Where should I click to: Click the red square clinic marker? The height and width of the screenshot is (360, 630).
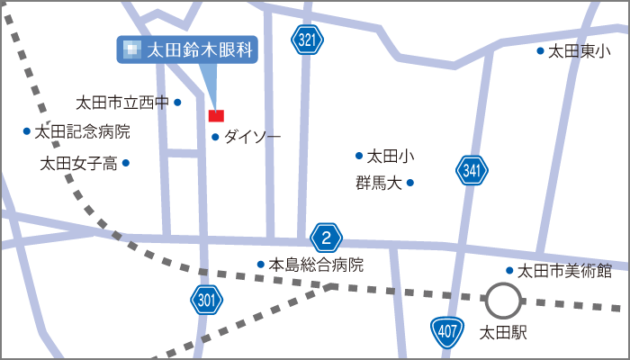point(216,115)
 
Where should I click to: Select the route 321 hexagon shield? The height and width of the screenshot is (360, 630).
point(307,39)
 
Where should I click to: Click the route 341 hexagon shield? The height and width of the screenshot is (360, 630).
point(472,169)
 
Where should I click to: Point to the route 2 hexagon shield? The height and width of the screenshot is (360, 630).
point(327,238)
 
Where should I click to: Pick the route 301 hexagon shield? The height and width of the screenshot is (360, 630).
point(206,300)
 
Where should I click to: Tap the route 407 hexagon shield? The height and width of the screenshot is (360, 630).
point(445,331)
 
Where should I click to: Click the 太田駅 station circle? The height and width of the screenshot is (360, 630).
point(502,301)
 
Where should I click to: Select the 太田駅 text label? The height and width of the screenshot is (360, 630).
point(504,333)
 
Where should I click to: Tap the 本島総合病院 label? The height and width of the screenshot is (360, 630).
point(317,265)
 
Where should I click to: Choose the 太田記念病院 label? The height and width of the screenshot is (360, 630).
point(82,131)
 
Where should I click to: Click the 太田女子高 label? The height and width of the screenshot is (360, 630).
point(79,163)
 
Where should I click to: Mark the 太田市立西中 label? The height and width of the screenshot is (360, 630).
point(122,103)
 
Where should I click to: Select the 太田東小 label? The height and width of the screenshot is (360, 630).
point(579,51)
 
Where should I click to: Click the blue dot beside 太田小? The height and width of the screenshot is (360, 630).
point(359,156)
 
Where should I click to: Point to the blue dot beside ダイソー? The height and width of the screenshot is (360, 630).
point(215,137)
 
